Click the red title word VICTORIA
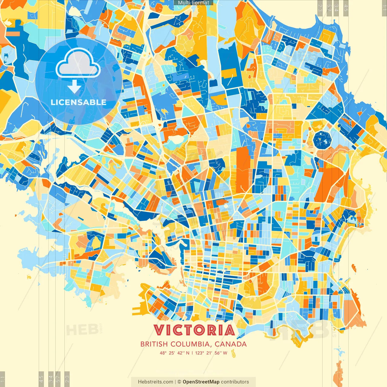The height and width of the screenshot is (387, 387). coord(194,330)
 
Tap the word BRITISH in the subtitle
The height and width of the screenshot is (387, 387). coord(154,344)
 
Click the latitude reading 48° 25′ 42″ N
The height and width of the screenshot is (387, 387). coord(174,353)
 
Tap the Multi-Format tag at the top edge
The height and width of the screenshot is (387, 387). coord(193,3)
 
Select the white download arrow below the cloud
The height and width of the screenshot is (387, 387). coord(74,87)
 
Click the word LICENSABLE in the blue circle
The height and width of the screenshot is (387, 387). coord(79,102)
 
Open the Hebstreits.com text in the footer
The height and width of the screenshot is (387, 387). coord(155,382)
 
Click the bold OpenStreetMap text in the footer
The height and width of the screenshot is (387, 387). coord(201,382)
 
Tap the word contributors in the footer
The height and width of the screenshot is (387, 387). coord(235,382)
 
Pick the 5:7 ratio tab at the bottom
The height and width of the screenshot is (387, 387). coord(58,379)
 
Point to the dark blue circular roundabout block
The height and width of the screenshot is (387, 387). coord(322,140)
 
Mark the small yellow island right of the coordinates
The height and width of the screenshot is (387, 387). coord(233,353)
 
